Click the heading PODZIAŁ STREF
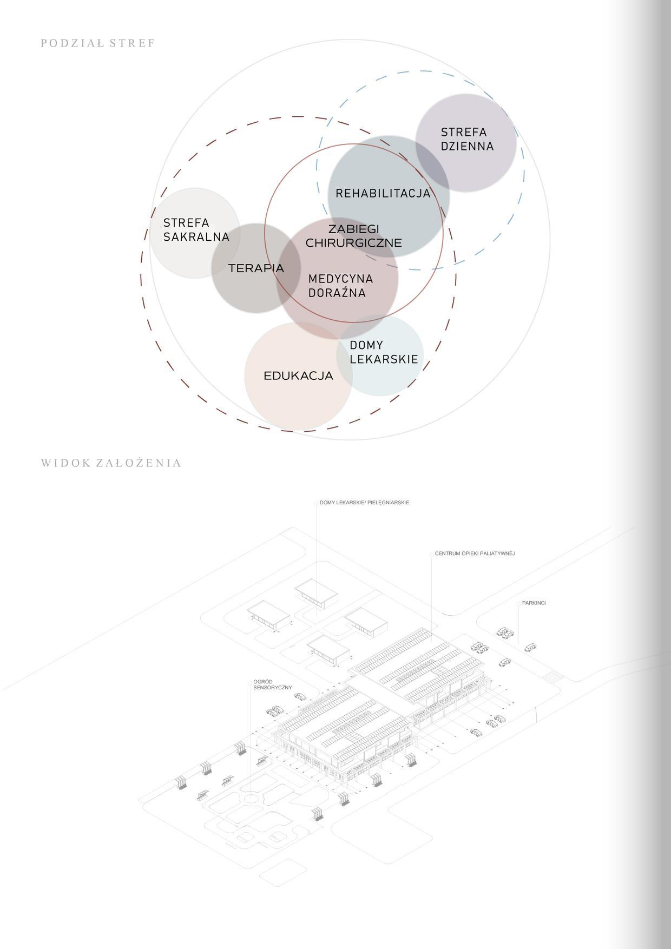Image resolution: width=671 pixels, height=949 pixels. point(98,43)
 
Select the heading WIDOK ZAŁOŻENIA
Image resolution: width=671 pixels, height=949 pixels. point(111,463)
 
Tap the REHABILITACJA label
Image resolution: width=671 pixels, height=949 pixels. point(383,193)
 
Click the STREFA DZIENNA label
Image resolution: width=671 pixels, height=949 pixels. point(466,139)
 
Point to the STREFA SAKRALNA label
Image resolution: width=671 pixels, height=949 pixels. point(196,230)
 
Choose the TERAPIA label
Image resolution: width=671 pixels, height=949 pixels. point(256,268)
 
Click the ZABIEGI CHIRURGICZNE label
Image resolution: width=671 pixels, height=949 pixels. point(353,236)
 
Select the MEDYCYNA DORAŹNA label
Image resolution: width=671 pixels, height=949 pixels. point(340,286)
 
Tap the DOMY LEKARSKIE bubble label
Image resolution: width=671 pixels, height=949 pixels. point(383,352)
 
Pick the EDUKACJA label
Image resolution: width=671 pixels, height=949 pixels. point(298,375)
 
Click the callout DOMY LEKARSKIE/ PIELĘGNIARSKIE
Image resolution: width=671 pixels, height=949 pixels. point(364,503)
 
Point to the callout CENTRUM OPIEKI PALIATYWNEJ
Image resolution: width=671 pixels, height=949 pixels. point(475,553)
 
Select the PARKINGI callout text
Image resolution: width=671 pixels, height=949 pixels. point(534,603)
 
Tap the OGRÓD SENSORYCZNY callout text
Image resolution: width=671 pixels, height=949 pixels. point(272,684)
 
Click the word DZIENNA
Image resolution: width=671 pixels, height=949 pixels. point(467,146)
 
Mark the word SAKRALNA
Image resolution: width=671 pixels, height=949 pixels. point(196,237)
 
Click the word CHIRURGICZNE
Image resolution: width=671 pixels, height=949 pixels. point(353,243)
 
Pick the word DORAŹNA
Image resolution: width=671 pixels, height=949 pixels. point(337,293)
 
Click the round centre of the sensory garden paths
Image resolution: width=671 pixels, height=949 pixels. point(251,798)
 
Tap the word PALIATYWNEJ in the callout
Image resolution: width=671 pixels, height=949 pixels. point(499,553)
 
